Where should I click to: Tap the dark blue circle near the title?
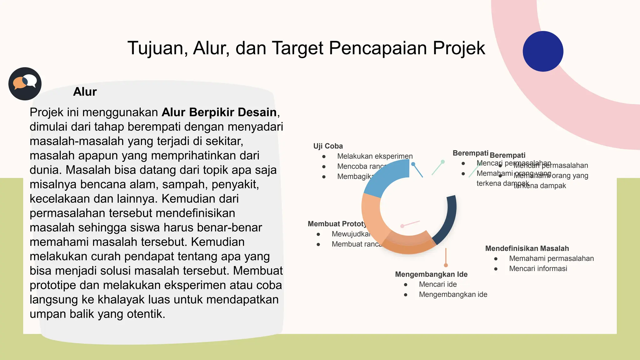click(x=543, y=51)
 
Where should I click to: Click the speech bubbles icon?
click(x=25, y=83)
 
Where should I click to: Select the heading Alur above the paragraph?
click(x=85, y=92)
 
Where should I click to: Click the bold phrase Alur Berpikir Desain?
click(x=219, y=112)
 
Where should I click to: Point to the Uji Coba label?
click(x=328, y=146)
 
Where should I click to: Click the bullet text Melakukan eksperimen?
click(x=375, y=156)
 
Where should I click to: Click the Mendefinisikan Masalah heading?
click(x=527, y=248)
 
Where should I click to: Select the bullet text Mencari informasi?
click(x=538, y=269)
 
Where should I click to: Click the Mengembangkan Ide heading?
click(x=431, y=274)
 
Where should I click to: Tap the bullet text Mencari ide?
click(x=437, y=284)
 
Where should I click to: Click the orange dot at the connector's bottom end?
click(x=446, y=265)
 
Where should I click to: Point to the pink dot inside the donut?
click(x=402, y=226)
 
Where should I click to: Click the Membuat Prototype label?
click(x=337, y=224)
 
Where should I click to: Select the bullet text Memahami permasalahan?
click(x=551, y=258)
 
